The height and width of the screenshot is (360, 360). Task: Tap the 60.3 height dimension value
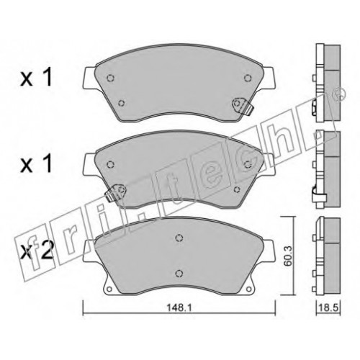[x=287, y=256]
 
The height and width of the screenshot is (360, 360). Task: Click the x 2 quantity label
[x=37, y=251]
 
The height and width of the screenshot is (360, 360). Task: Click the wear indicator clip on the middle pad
[x=116, y=192]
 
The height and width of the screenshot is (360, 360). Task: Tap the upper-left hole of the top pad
[x=110, y=78]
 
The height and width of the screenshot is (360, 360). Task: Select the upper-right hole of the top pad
[x=248, y=78]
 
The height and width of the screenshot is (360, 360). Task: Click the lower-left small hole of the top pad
[x=122, y=103]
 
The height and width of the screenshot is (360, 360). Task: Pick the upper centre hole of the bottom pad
[x=179, y=238]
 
